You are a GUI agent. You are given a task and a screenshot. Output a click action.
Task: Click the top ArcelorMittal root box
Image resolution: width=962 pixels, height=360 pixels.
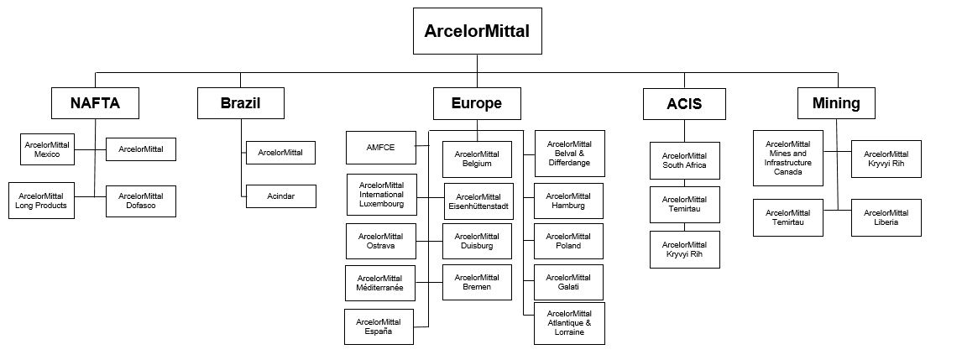[477, 31]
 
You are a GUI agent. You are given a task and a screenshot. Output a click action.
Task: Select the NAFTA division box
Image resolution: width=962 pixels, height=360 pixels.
[95, 103]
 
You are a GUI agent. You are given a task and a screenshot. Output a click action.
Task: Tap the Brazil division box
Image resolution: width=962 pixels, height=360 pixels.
[241, 103]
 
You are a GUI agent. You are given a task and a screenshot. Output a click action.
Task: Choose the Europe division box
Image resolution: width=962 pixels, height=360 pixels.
[477, 103]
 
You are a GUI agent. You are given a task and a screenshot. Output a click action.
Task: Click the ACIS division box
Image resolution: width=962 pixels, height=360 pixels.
[684, 104]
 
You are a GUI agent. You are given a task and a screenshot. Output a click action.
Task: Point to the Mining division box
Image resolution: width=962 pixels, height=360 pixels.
[836, 103]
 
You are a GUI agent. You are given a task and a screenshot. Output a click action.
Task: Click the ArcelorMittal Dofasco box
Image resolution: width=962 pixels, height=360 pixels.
[141, 201]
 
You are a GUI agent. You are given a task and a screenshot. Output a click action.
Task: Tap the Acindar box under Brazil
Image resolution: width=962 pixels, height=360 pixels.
[281, 196]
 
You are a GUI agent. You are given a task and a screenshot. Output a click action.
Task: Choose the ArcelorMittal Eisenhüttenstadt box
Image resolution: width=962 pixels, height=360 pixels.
[478, 201]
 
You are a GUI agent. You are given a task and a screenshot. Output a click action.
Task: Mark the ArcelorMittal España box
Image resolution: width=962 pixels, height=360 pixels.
[379, 326]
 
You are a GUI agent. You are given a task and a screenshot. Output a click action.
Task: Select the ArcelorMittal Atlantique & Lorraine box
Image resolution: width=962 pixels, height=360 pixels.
[569, 323]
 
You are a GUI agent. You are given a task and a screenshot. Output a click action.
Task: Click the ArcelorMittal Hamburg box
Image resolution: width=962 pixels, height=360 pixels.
[569, 201]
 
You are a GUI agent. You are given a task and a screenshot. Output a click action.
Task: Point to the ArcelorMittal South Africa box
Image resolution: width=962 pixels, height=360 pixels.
[684, 160]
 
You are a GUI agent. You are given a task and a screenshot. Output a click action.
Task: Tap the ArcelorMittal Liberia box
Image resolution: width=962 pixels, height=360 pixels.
[886, 217]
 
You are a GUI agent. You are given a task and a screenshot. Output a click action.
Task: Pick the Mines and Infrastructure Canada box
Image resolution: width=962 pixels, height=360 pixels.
[788, 158]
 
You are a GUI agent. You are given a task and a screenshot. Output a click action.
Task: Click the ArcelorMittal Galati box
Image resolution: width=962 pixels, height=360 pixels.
[569, 282]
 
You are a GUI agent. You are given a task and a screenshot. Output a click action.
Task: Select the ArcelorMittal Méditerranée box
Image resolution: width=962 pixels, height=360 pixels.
[379, 283]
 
